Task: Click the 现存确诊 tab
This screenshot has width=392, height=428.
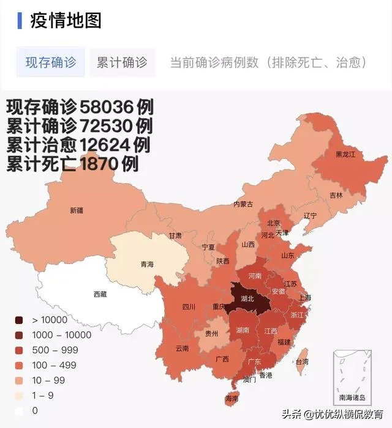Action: (50, 62)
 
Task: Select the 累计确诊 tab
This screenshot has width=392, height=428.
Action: (122, 62)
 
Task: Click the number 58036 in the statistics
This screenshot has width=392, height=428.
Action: (107, 108)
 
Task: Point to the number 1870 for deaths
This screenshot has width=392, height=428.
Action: (98, 164)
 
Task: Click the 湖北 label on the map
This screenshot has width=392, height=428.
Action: (247, 299)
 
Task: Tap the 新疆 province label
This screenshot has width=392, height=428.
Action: (77, 210)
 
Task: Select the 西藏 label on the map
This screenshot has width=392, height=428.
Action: (100, 294)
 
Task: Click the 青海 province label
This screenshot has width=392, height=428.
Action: (147, 265)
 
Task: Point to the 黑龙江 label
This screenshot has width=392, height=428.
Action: (344, 155)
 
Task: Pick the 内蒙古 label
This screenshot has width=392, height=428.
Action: (243, 204)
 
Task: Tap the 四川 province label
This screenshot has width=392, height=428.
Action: (189, 308)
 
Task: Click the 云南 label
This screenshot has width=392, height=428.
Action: (182, 349)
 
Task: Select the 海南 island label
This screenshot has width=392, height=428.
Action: (232, 398)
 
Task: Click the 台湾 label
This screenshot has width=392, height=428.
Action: (302, 361)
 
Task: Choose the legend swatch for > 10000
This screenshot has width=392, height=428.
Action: (19, 320)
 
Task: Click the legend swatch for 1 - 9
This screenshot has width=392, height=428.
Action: (19, 396)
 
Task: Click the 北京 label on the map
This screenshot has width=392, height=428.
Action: (273, 223)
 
